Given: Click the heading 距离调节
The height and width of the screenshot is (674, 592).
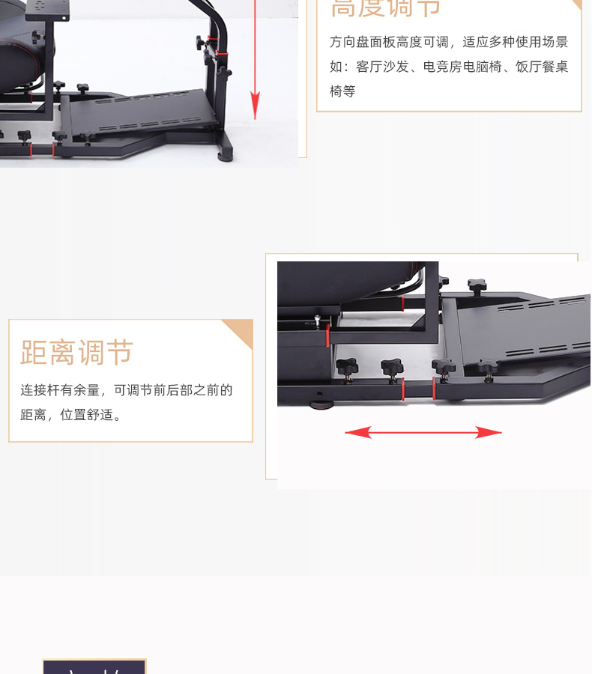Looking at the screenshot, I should pos(76,352).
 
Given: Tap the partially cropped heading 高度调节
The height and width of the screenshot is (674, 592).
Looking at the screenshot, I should pos(386,7).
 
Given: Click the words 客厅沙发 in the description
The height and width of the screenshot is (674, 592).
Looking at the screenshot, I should pos(383,67).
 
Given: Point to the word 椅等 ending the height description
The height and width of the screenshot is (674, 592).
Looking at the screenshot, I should pos(342,91).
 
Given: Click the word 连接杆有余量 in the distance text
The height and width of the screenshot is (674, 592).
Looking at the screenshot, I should pos(60,390).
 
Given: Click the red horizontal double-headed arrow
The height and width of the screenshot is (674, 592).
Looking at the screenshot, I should pos(423,432).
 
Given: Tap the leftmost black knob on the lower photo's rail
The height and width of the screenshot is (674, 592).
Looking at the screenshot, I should pos(346,366).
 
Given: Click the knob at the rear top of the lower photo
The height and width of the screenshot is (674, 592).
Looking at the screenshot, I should pos(477,285).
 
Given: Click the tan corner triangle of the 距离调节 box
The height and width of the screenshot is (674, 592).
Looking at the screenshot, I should pos(241,330).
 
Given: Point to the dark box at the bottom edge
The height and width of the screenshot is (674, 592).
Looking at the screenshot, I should pos(94,667).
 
